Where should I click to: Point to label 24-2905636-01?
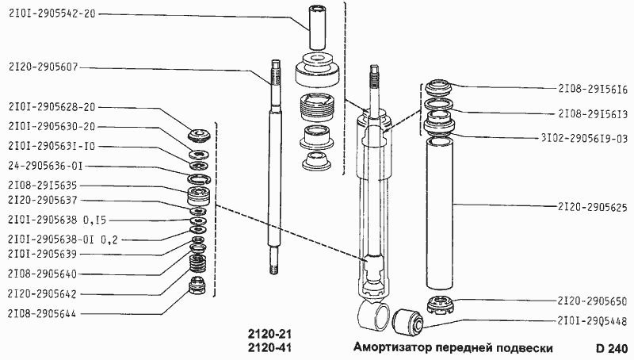[44, 166]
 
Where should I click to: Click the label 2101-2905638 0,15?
[52, 219]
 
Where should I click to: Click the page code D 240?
[611, 348]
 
